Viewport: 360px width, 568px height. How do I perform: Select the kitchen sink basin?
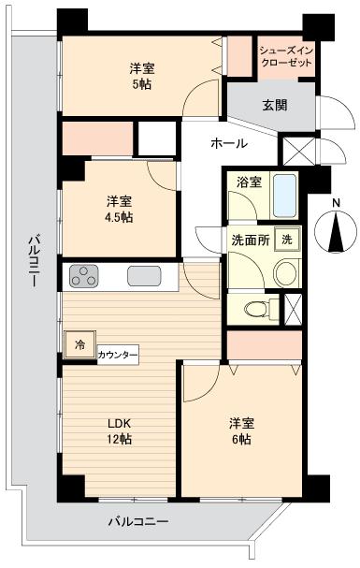pyautogui.click(x=143, y=277)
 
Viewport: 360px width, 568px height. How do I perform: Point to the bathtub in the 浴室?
pyautogui.click(x=286, y=195)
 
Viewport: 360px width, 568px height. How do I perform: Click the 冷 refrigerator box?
pyautogui.click(x=79, y=344)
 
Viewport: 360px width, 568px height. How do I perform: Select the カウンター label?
pyautogui.click(x=118, y=356)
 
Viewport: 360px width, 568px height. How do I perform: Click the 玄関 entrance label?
pyautogui.click(x=274, y=105)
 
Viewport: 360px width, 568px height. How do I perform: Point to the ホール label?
pyautogui.click(x=229, y=143)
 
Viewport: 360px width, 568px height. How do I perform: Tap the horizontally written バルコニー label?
pyautogui.click(x=137, y=519)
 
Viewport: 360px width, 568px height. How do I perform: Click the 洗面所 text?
pyautogui.click(x=251, y=240)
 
